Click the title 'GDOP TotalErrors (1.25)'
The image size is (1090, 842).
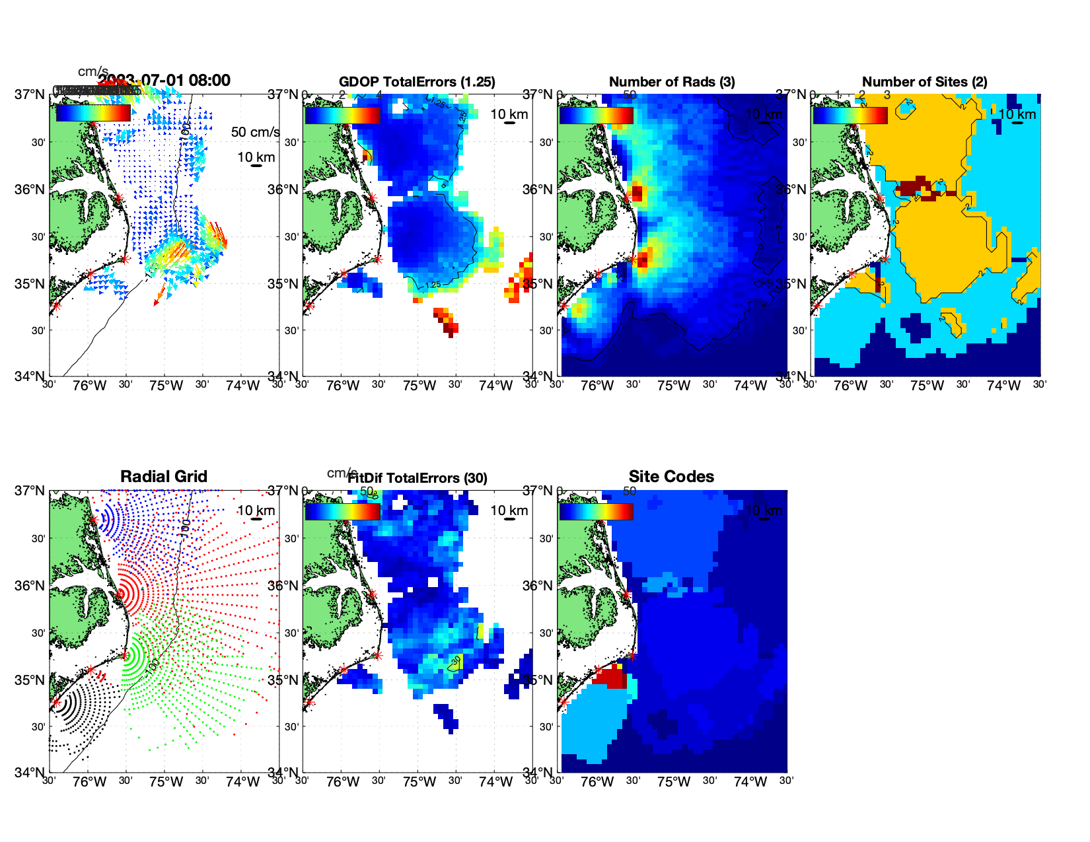[417, 82]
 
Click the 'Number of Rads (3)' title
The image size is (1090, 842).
[672, 82]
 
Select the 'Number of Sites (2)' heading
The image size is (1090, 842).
[924, 82]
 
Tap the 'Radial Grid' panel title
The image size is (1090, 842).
[164, 477]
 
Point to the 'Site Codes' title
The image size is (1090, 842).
[671, 477]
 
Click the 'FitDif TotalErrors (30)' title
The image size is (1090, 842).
[418, 478]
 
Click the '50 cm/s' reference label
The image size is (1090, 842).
[255, 132]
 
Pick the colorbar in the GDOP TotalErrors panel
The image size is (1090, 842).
[342, 115]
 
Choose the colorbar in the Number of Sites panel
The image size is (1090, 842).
[850, 115]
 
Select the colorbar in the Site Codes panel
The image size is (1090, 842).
[596, 511]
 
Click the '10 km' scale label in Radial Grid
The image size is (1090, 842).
[256, 510]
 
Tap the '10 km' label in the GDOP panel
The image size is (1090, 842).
[509, 114]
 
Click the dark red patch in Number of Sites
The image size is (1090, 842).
[916, 186]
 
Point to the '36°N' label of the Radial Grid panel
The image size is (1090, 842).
[30, 586]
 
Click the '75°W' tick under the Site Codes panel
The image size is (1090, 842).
[673, 782]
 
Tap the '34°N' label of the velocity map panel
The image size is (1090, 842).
[30, 376]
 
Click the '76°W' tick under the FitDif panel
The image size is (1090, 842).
[343, 782]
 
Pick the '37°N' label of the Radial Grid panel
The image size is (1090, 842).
[30, 491]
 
